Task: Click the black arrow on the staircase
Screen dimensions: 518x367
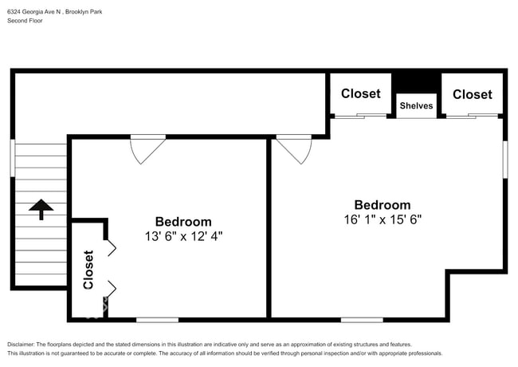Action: (41, 209)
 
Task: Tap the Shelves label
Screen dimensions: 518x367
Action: (416, 106)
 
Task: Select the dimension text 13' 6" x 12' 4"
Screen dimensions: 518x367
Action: (183, 236)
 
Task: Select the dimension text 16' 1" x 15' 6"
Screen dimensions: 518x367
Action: (383, 219)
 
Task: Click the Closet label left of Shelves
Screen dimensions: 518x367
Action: (361, 93)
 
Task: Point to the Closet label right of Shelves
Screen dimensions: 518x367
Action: (473, 94)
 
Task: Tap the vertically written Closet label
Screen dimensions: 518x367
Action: (88, 270)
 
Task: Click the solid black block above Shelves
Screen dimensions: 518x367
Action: (416, 83)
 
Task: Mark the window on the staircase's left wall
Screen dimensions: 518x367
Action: (13, 158)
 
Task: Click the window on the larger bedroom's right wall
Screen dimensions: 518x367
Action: (505, 160)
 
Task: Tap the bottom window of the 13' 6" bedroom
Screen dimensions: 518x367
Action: (158, 320)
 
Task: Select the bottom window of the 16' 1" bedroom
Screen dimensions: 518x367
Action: (362, 320)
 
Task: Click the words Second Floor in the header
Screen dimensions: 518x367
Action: (26, 21)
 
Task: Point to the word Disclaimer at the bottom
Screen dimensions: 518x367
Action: (21, 345)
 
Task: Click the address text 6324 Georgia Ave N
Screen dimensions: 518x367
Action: (34, 12)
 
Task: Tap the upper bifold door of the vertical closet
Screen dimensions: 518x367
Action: (112, 248)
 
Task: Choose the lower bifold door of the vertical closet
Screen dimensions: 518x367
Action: (112, 290)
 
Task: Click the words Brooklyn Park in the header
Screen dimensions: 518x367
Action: (84, 12)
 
